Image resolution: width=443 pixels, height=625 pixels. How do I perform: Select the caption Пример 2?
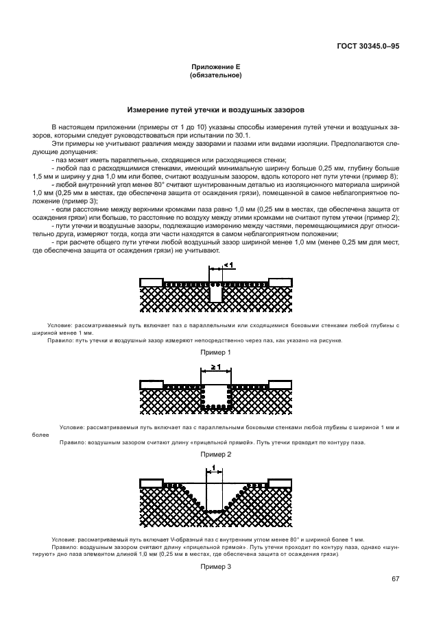215,454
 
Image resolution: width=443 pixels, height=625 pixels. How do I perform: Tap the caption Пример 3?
215,567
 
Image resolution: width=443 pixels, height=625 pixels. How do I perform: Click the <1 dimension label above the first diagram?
228,264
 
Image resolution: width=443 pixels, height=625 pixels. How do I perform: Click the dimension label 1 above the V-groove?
215,468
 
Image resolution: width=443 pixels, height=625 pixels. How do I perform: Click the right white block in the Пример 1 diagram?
281,282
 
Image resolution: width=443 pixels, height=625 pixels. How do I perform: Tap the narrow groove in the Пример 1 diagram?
217,293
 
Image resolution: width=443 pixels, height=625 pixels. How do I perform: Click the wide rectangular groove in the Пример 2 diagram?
215,396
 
